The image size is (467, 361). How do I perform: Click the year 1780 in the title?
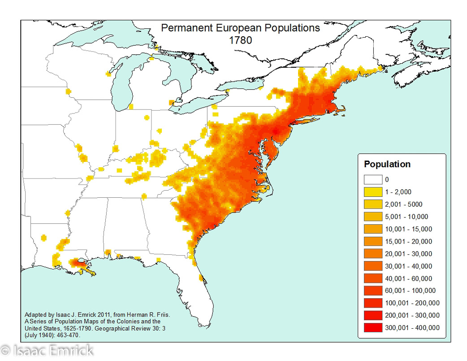click(240, 39)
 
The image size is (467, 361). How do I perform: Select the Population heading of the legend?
click(387, 164)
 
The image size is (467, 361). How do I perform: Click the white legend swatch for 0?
click(372, 180)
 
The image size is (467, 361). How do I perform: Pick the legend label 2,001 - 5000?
click(403, 204)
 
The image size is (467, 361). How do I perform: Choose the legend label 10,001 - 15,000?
click(408, 229)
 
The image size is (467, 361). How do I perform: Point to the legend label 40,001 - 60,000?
click(408, 278)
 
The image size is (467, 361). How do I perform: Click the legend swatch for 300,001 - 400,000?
click(372, 327)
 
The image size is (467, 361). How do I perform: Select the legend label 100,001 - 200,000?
click(411, 303)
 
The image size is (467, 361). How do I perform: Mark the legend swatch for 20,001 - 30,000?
click(372, 254)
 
